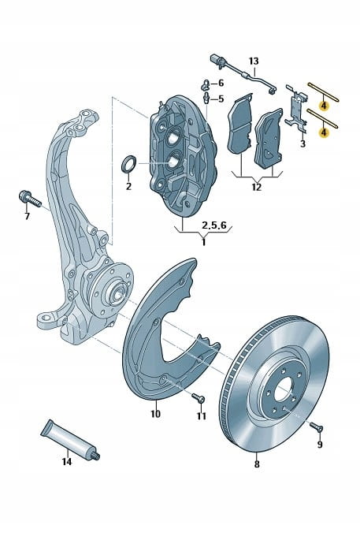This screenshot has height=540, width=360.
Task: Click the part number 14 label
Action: coord(67,461)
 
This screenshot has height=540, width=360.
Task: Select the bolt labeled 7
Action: coord(30,199)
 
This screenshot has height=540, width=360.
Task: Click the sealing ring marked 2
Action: coord(129,164)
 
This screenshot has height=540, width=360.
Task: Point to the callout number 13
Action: coord(254,61)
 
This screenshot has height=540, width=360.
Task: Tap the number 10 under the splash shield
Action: coord(155,413)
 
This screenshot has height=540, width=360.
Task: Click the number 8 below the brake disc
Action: coord(257,464)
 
